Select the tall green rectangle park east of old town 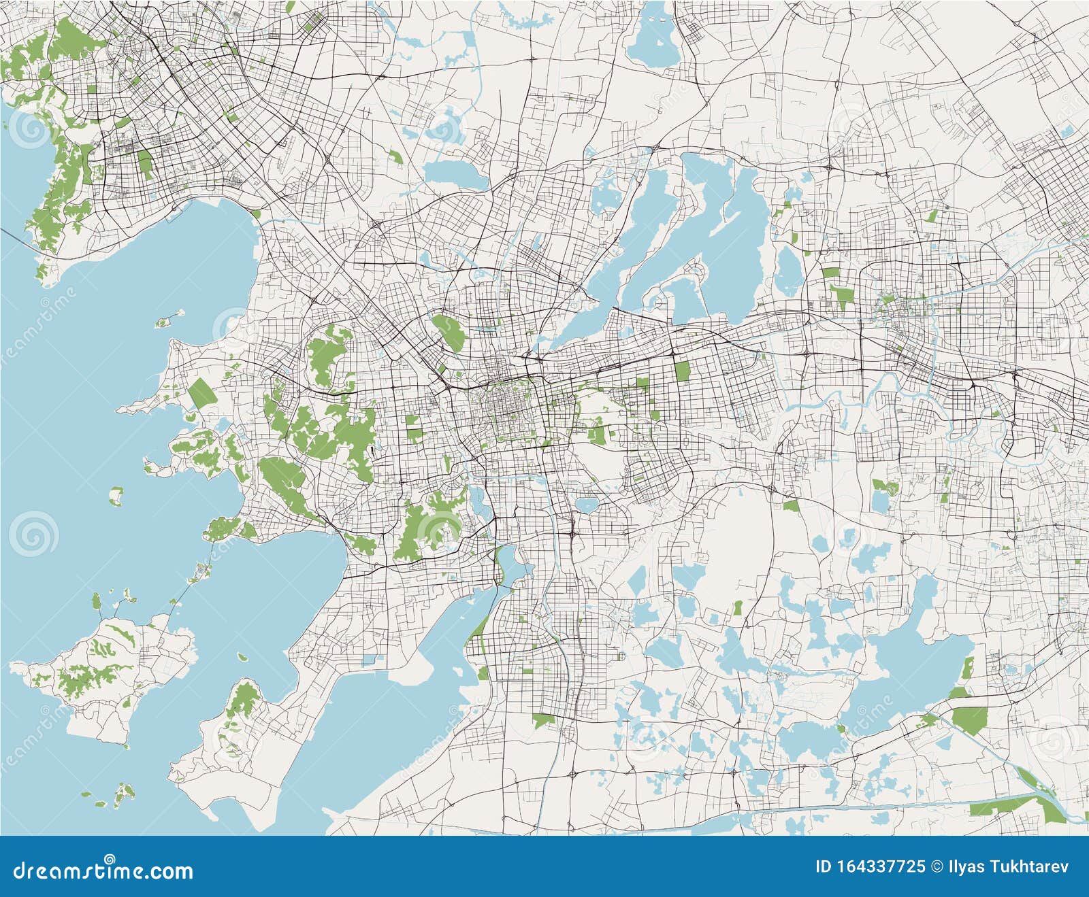pos(682,371)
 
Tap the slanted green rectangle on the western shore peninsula pos(201,394)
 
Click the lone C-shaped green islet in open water pos(116,496)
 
